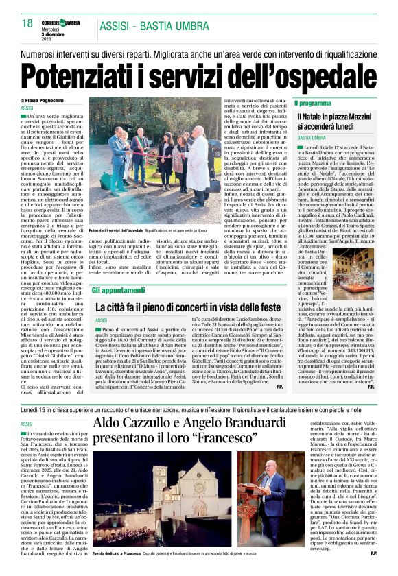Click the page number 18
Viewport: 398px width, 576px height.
tap(27, 24)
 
